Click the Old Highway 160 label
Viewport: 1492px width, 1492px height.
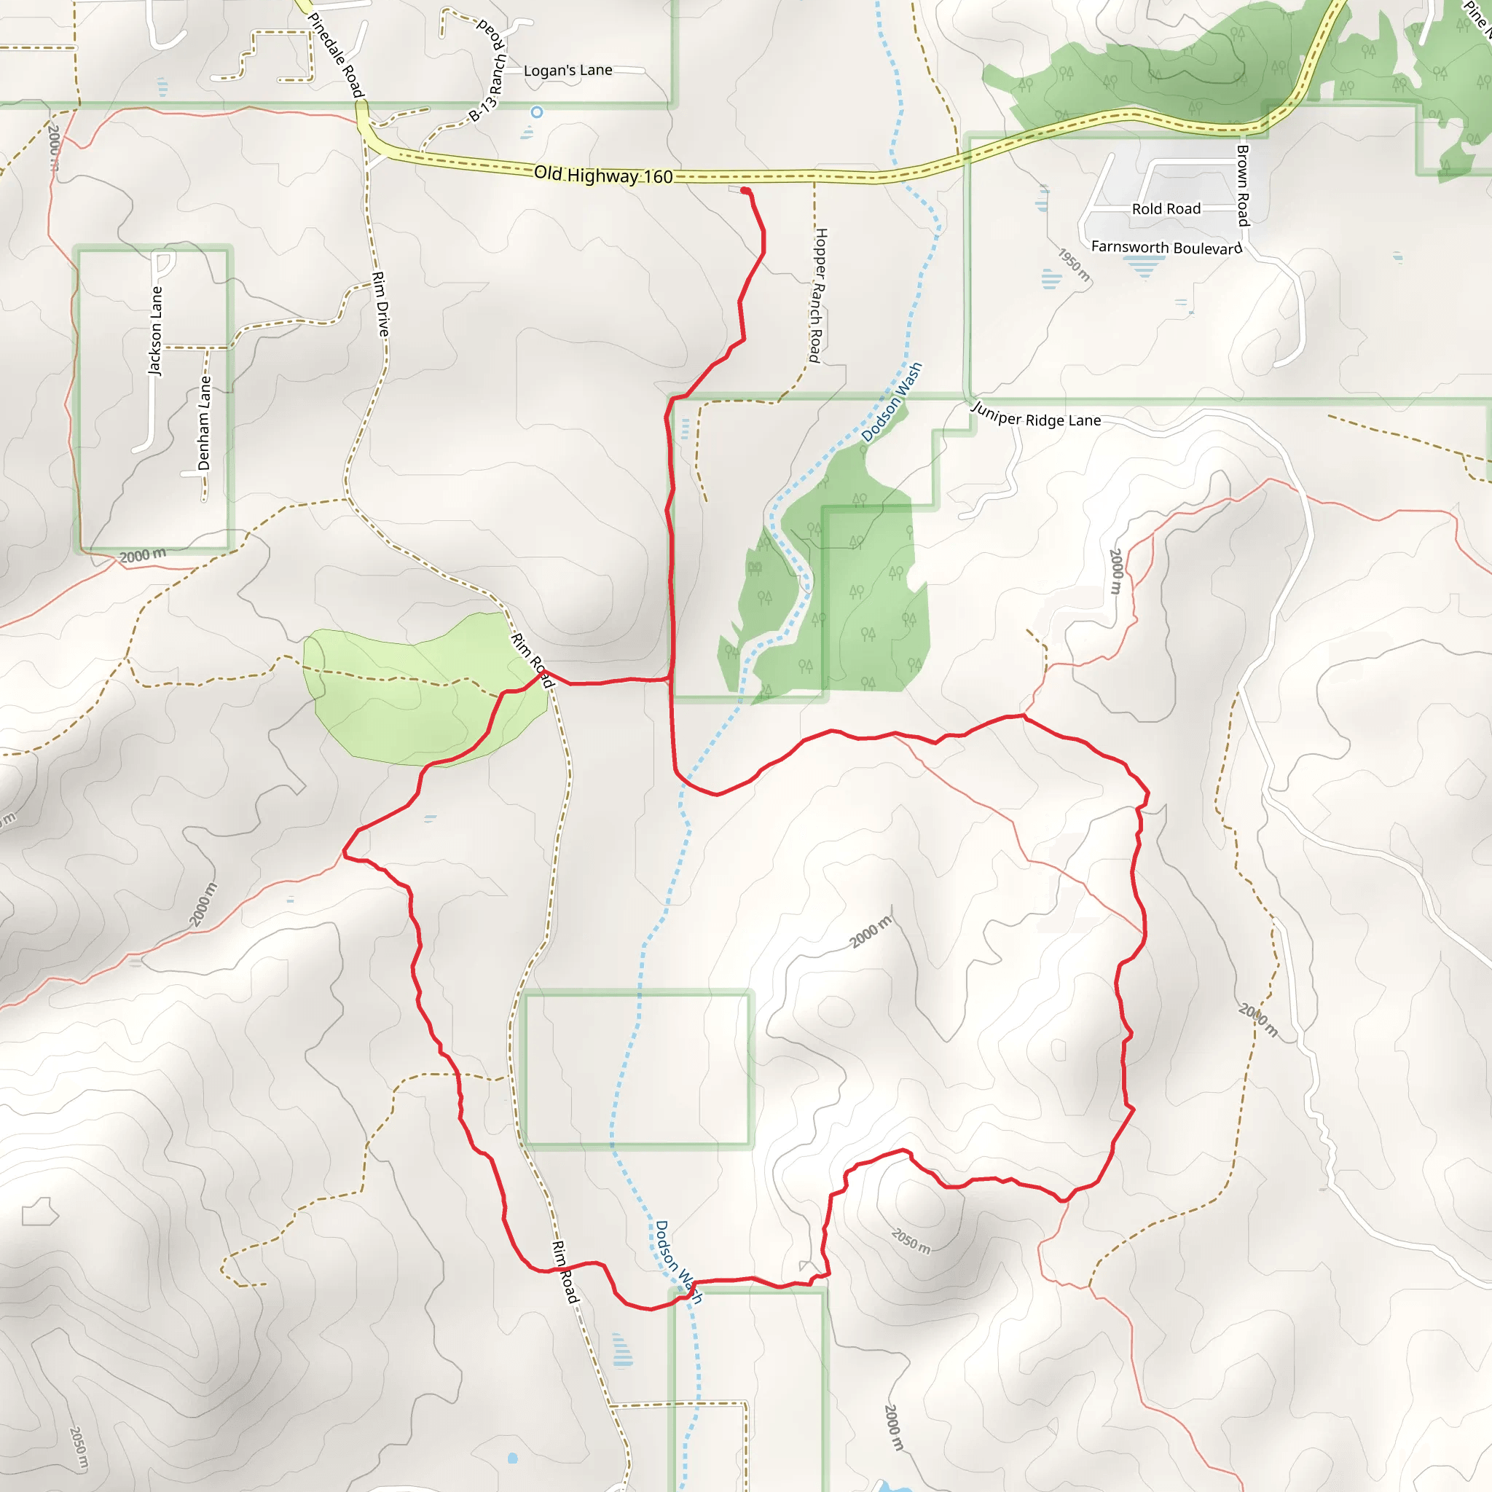[603, 176]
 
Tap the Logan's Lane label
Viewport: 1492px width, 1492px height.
[568, 70]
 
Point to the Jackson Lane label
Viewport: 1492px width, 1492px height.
[156, 331]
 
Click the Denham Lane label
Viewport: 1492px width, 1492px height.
[204, 423]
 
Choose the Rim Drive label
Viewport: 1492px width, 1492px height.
[381, 304]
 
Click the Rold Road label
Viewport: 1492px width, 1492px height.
[1166, 209]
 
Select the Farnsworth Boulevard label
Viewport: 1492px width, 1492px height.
[1166, 247]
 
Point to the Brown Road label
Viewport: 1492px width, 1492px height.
[1243, 185]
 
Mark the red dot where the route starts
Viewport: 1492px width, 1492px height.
[745, 191]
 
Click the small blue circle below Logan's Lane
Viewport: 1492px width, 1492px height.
[537, 112]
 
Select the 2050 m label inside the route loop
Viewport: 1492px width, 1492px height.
[911, 1241]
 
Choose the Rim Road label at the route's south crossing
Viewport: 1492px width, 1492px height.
[565, 1272]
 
